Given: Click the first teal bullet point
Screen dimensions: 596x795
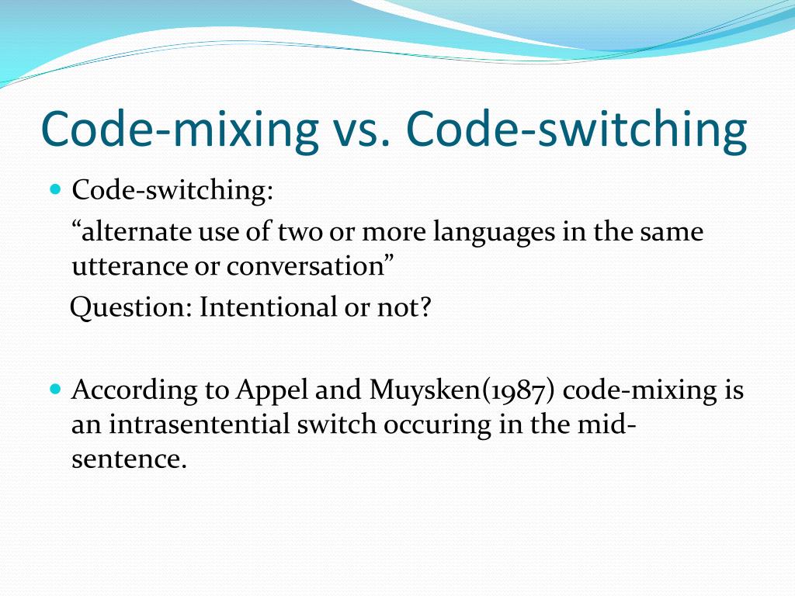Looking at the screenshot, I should (55, 189).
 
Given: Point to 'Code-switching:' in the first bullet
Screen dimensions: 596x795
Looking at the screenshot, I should (172, 192).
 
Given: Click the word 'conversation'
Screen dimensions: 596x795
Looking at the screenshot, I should (311, 267).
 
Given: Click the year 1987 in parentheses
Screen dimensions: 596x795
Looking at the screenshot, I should (519, 390).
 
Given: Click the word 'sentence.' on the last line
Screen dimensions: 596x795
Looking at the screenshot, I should (130, 459).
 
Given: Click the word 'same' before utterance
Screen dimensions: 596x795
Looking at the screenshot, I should (672, 232).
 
